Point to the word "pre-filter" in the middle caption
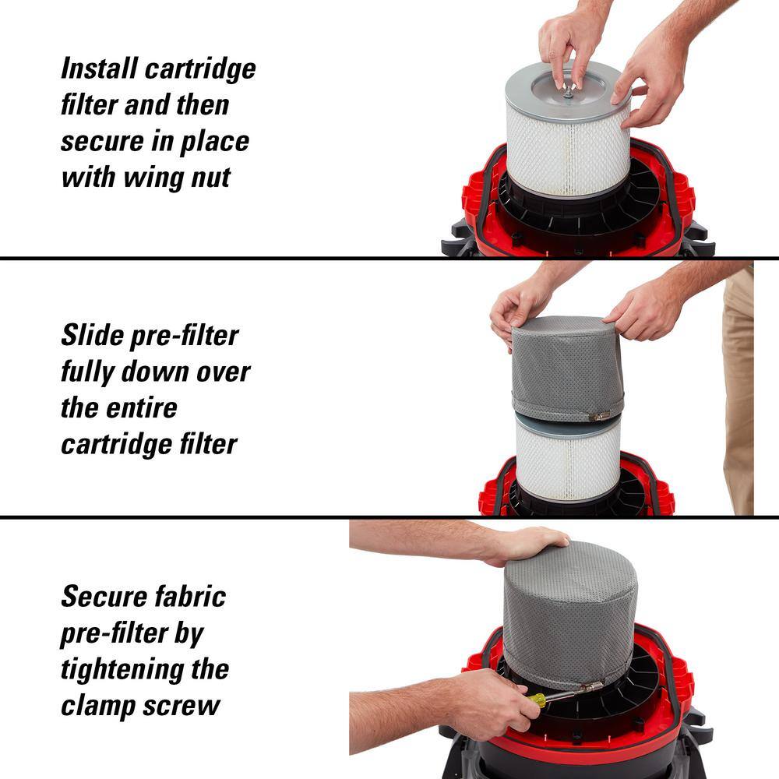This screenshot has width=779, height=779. (185, 337)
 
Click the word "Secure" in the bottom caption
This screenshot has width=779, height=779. (104, 596)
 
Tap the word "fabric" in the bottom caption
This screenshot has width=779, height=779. (191, 596)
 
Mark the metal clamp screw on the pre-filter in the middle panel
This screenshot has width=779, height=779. (599, 416)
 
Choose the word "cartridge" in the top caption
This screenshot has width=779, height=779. (200, 69)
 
